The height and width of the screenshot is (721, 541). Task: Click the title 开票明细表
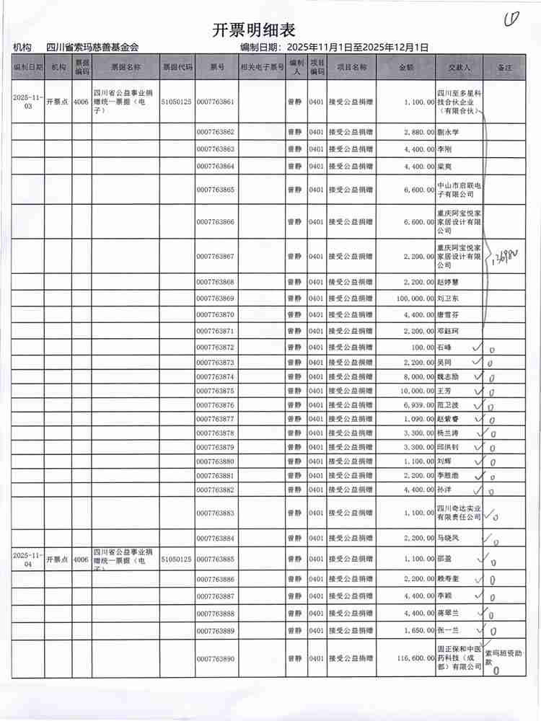[x=254, y=30]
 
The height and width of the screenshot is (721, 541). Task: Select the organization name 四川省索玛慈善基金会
[x=92, y=48]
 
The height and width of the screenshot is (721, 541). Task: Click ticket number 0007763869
[x=215, y=298]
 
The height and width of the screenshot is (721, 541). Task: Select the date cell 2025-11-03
[x=28, y=102]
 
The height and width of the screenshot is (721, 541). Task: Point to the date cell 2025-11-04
[x=28, y=559]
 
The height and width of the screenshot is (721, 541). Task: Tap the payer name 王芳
[x=447, y=391]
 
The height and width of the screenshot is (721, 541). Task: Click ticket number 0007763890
[x=215, y=659]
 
